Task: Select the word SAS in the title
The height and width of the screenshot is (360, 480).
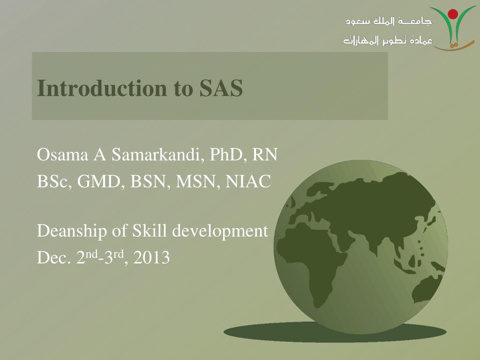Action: click(221, 88)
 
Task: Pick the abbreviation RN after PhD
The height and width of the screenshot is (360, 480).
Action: click(265, 155)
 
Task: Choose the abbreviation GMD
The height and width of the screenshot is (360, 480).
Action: click(100, 181)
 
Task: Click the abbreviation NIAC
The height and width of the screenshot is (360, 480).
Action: click(249, 181)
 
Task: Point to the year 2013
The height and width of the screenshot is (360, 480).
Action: click(151, 258)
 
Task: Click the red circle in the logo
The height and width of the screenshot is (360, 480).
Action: click(453, 14)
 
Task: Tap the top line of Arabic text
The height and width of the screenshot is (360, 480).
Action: click(389, 22)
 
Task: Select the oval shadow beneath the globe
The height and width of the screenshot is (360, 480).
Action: click(335, 332)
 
